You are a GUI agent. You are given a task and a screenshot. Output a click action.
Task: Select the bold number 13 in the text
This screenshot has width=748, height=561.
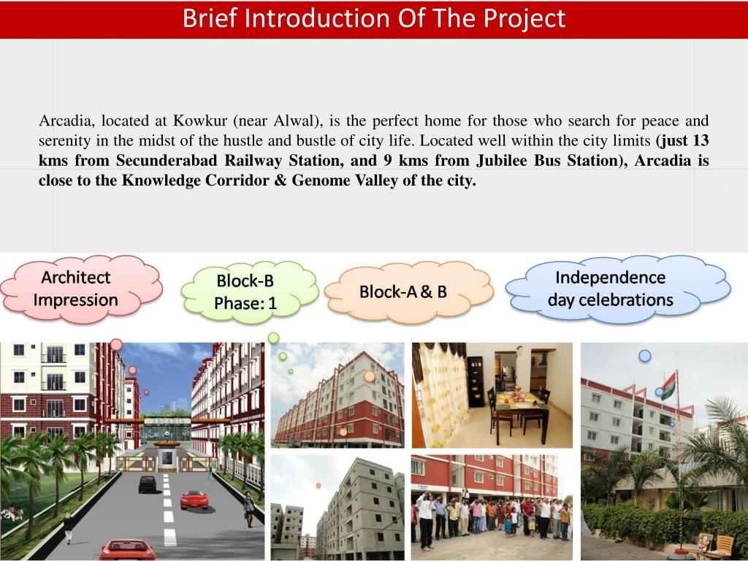pos(701,140)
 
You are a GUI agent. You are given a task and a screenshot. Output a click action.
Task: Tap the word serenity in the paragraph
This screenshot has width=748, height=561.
pos(64,140)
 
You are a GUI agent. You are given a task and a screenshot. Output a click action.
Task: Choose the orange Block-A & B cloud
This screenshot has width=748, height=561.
pos(403,291)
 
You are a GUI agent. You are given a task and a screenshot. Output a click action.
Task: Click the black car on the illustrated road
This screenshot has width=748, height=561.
pos(148,484)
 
